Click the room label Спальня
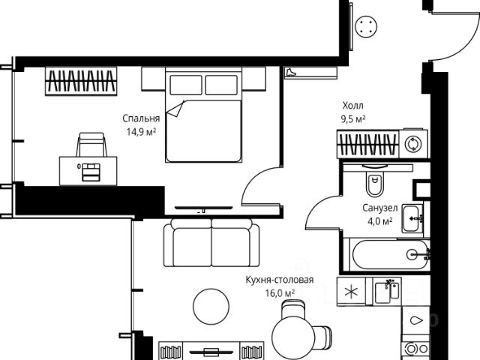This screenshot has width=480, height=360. (x=141, y=118)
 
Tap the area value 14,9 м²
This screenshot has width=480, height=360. (x=142, y=132)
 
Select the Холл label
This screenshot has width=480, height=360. (x=353, y=106)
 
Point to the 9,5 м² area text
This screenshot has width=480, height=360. (x=353, y=118)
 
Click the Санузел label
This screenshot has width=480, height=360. (x=380, y=208)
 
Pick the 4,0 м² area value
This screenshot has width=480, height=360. (x=380, y=220)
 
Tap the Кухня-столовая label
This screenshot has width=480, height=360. (x=280, y=280)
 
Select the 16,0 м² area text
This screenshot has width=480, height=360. (x=280, y=293)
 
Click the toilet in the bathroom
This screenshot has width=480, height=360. (x=374, y=181)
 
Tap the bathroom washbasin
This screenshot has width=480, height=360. (x=412, y=218)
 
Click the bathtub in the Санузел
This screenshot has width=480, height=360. (x=391, y=254)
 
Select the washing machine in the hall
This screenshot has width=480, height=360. (x=413, y=143)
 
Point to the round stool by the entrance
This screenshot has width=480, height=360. (x=366, y=26)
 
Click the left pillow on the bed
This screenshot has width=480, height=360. (x=186, y=85)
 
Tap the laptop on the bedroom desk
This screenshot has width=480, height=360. (x=91, y=172)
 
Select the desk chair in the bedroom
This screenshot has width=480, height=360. (x=91, y=145)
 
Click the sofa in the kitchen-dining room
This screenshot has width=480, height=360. (x=211, y=242)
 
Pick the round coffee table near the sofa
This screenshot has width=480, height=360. (x=211, y=306)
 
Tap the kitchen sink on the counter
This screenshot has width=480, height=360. (x=387, y=292)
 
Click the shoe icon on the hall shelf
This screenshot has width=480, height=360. (x=290, y=73)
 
